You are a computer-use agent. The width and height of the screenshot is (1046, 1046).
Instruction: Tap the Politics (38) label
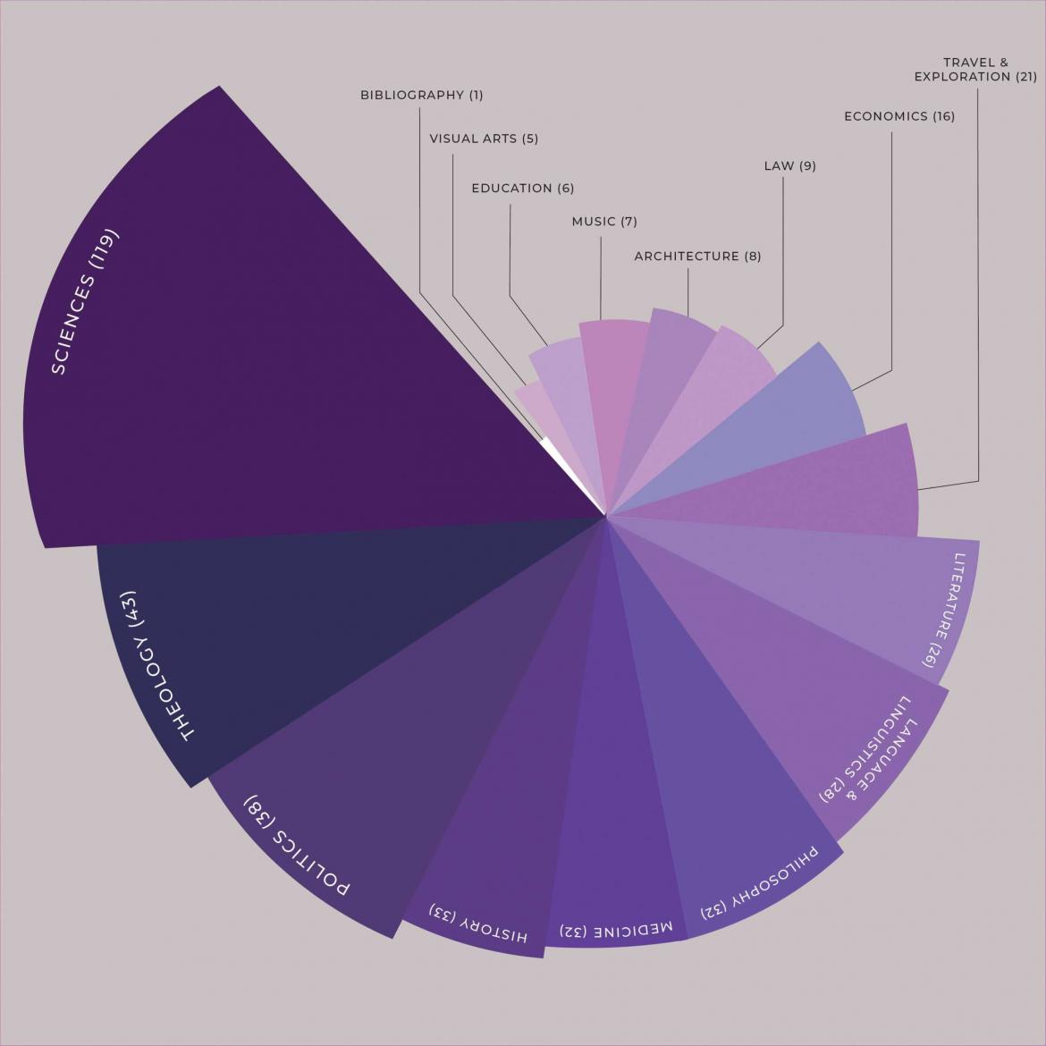(297, 845)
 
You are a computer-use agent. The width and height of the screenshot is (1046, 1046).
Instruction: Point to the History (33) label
(479, 924)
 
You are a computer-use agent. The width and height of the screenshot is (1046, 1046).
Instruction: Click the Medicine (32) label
(616, 931)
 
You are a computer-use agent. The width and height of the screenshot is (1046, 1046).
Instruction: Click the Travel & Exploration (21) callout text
(974, 70)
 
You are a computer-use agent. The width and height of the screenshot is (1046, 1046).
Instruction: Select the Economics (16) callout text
(899, 116)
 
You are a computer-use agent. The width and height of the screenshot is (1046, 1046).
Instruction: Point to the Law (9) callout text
(789, 166)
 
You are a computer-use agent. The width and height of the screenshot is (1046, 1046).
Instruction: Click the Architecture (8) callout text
(697, 257)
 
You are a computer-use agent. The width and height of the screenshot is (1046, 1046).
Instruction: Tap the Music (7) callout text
(604, 222)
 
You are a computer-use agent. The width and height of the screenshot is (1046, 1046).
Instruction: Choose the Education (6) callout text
(523, 189)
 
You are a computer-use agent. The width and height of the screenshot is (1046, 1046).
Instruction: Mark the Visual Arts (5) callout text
(484, 139)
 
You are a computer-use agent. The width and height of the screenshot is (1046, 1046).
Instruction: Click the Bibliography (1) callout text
(421, 95)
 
